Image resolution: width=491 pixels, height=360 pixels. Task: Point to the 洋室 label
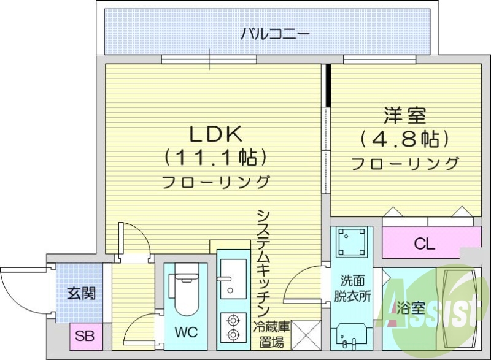pyautogui.click(x=406, y=115)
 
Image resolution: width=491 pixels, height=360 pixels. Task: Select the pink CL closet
pyautogui.click(x=423, y=243)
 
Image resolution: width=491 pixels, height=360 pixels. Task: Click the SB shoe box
pyautogui.click(x=80, y=335)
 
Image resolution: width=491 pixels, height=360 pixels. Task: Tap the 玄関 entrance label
pyautogui.click(x=80, y=293)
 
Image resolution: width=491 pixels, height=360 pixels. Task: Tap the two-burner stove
pyautogui.click(x=233, y=327)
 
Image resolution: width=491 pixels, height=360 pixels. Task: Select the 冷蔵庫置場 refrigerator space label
pyautogui.click(x=272, y=334)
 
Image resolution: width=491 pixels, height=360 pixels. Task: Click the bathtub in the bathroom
pyautogui.click(x=459, y=307)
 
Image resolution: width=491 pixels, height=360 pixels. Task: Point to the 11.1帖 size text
pyautogui.click(x=215, y=157)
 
